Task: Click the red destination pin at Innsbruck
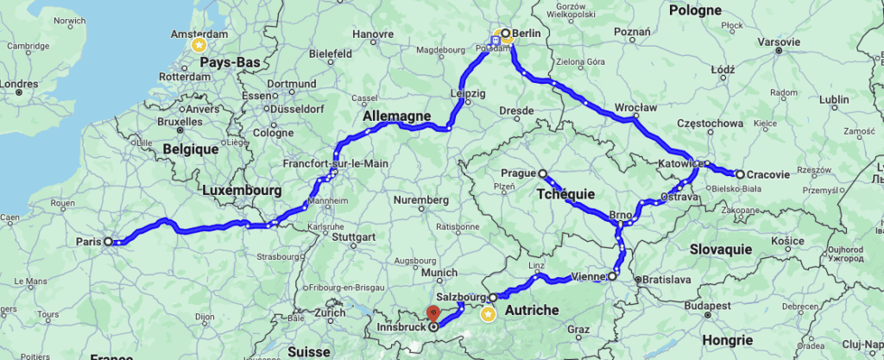[433, 318]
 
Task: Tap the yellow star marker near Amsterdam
[199, 43]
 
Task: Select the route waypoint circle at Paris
[109, 242]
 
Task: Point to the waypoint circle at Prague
[543, 174]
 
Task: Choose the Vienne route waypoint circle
[612, 277]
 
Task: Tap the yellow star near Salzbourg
[488, 314]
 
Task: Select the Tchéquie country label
[565, 194]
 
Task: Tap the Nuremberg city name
[423, 200]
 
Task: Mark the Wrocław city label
[636, 107]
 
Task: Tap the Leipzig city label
[468, 92]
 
